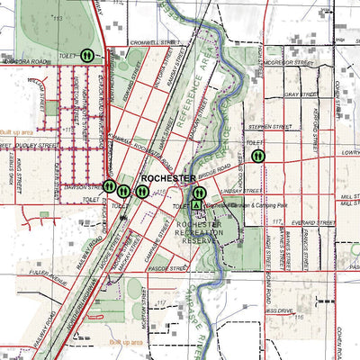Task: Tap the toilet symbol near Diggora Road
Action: click(88, 55)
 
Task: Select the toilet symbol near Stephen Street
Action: click(258, 156)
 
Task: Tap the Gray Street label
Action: click(296, 93)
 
